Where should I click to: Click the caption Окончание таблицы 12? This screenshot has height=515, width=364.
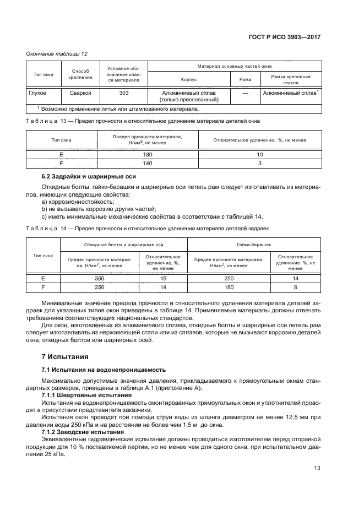coord(57,53)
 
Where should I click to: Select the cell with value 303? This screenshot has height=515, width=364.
coord(124,93)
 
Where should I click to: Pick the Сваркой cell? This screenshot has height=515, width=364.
coord(80,93)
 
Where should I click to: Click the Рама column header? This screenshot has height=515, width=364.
coord(245,79)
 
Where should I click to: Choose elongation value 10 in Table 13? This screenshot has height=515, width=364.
coord(260,155)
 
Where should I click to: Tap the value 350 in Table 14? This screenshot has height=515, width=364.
coord(99,279)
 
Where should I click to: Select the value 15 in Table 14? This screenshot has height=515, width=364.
coord(163,279)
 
